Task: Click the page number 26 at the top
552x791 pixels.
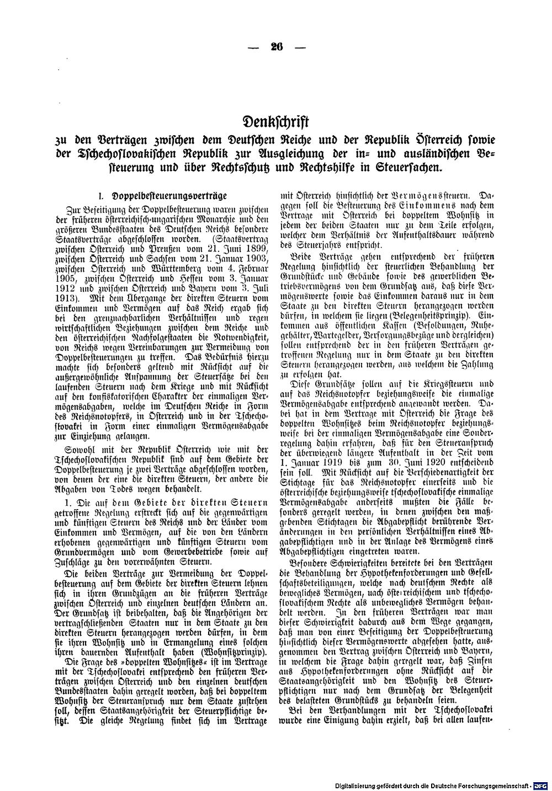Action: coord(276,47)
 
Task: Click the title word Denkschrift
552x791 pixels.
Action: coord(275,121)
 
